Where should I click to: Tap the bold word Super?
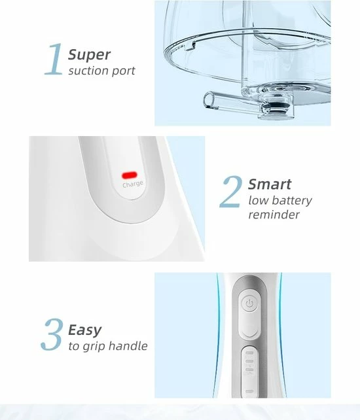[89, 55]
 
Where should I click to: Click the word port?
[123, 71]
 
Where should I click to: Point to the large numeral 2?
[231, 192]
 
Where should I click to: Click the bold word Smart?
[270, 184]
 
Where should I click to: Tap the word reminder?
[274, 215]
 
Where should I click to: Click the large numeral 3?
[52, 334]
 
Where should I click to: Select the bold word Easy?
[84, 330]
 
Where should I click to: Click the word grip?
[94, 346]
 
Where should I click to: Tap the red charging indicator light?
[130, 175]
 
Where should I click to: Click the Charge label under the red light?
[133, 184]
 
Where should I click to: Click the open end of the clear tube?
[209, 100]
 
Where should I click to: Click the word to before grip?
[74, 346]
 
